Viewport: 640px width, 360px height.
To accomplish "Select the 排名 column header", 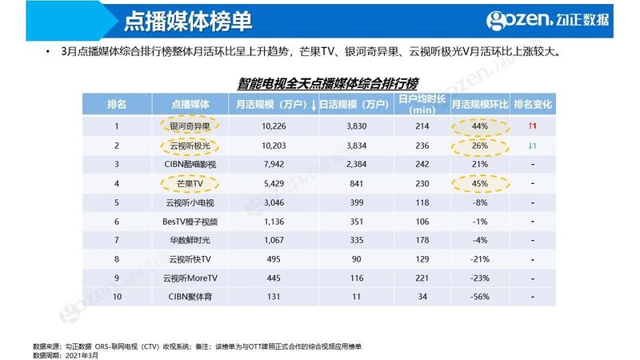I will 117,105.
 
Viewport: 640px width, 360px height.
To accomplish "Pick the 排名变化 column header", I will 533,105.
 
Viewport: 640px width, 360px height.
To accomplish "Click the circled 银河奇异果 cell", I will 190,126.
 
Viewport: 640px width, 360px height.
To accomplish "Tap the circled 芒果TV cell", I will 190,182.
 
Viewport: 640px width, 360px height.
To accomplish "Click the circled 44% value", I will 480,126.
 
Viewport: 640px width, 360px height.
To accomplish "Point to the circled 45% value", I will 480,182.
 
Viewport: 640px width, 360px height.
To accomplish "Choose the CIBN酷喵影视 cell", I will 190,164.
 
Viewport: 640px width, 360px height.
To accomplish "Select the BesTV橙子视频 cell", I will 190,221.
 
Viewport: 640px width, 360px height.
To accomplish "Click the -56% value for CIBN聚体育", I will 480,297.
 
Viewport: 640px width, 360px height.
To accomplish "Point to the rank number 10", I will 117,297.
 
